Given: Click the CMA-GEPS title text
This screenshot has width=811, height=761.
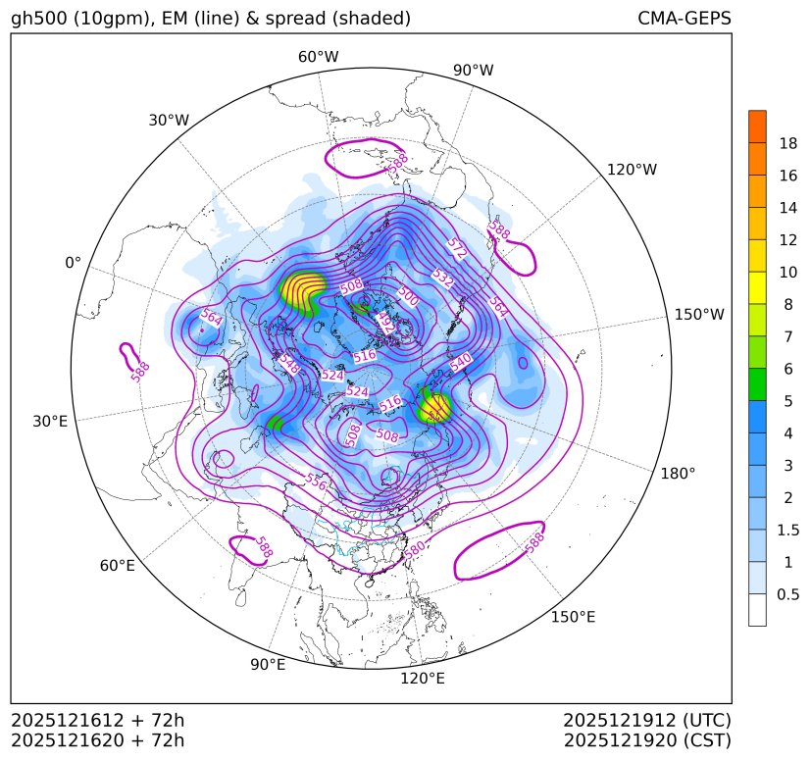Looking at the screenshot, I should [x=684, y=19].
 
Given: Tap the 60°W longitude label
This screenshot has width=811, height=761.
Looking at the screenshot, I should [x=318, y=57].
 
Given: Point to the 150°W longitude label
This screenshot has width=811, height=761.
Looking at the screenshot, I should [x=699, y=315].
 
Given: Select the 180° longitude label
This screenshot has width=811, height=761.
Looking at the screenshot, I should [x=677, y=474].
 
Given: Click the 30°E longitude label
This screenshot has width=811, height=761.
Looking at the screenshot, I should [x=50, y=422].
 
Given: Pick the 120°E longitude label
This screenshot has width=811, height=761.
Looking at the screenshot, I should [x=423, y=679].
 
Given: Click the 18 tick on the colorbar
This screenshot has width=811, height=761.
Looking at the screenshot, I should [x=787, y=143].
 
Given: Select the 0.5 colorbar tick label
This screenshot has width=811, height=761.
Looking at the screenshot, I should [x=787, y=594].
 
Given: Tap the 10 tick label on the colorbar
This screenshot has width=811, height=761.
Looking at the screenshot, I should [x=787, y=273].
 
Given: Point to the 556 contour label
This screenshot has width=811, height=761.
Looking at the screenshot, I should [x=315, y=482].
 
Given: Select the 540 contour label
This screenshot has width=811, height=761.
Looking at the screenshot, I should [x=461, y=360].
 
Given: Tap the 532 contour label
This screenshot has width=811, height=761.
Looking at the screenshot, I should [x=443, y=279].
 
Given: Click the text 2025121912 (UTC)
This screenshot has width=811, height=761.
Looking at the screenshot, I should [x=647, y=720].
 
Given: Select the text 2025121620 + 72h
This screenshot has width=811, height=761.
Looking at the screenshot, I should [x=97, y=740].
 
